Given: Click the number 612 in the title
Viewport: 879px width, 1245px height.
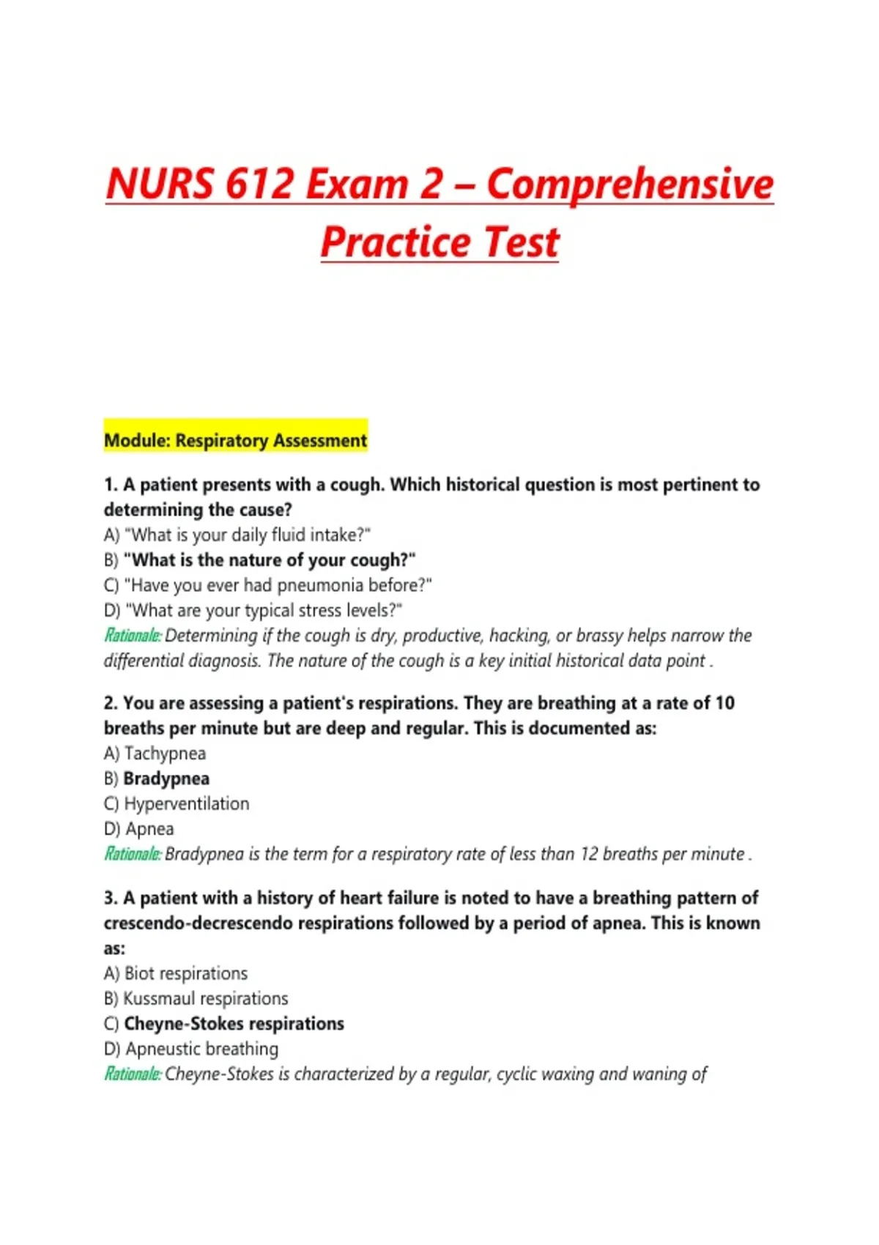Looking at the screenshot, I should click(x=259, y=183).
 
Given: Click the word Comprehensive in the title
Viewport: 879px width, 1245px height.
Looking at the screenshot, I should click(x=630, y=185).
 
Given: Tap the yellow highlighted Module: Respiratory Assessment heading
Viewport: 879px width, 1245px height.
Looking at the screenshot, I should click(x=235, y=440).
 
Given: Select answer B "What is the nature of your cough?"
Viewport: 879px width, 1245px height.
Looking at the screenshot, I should click(x=269, y=560).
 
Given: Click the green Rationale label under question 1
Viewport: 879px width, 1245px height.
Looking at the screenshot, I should click(x=133, y=636).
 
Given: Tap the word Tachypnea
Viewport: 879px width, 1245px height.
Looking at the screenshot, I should click(x=165, y=754).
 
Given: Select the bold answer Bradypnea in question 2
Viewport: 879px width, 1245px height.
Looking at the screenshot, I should click(x=166, y=778).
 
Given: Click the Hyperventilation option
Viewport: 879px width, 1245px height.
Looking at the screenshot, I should click(x=186, y=803).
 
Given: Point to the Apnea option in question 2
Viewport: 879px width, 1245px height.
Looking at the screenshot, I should click(x=149, y=829).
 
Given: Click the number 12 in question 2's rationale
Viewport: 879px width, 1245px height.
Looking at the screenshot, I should click(x=590, y=854).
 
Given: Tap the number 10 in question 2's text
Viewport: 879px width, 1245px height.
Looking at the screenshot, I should click(x=724, y=703).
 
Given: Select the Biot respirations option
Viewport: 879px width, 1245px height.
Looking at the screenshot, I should click(x=185, y=973).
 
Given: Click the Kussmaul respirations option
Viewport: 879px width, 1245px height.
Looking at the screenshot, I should click(x=205, y=998).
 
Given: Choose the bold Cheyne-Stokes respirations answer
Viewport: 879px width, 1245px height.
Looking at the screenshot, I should click(x=234, y=1024).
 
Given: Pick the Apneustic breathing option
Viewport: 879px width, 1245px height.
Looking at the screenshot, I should click(x=201, y=1049).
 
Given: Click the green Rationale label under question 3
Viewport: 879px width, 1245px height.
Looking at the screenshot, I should click(x=133, y=1074).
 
